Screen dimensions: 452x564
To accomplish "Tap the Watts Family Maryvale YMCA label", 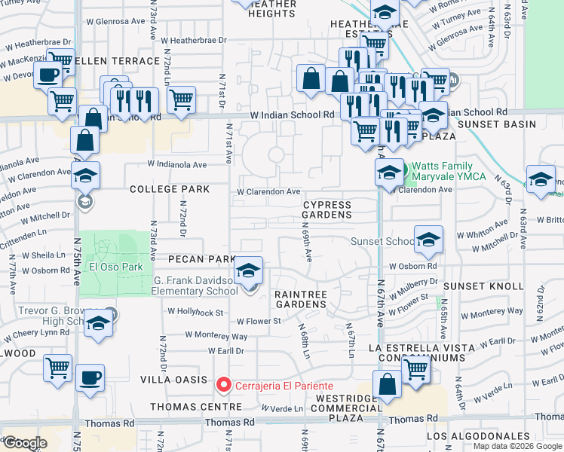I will tap(441, 172).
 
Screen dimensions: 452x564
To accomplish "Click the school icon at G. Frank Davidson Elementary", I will tap(248, 271).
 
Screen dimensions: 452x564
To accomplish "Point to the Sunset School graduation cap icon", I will tap(428, 240).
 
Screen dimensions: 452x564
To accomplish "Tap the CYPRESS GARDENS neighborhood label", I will tap(327, 209).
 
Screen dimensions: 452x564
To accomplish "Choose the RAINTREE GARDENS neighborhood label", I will tap(300, 299).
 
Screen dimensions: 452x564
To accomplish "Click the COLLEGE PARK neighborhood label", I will tap(170, 189).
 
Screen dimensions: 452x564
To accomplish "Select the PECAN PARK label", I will tap(202, 259).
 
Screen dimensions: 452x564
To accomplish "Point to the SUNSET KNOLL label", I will tap(483, 286).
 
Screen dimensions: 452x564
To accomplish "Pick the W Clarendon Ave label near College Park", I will tap(268, 192).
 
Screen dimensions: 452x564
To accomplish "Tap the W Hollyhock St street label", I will tap(195, 311).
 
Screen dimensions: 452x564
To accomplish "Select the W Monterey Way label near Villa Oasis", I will tap(217, 335).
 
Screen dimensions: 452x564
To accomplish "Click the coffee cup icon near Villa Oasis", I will tap(90, 377).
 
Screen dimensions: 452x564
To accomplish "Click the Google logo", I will tap(25, 443).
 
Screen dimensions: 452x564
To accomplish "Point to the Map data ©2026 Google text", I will tap(516, 446).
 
